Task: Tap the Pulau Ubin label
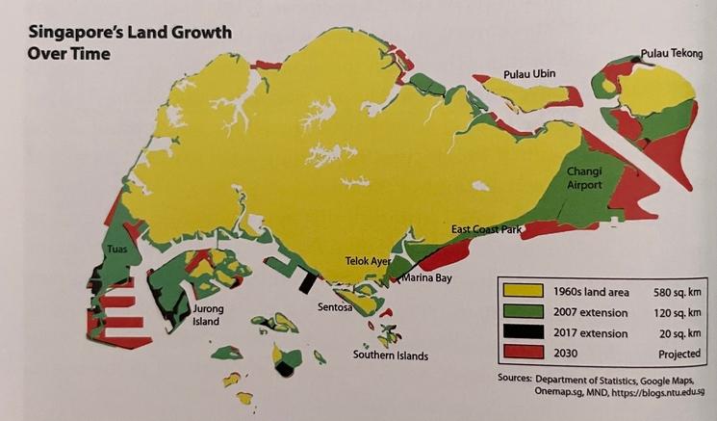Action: [x=530, y=74]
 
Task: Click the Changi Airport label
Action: [x=584, y=178]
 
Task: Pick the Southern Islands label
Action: [x=390, y=355]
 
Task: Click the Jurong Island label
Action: [x=210, y=316]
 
